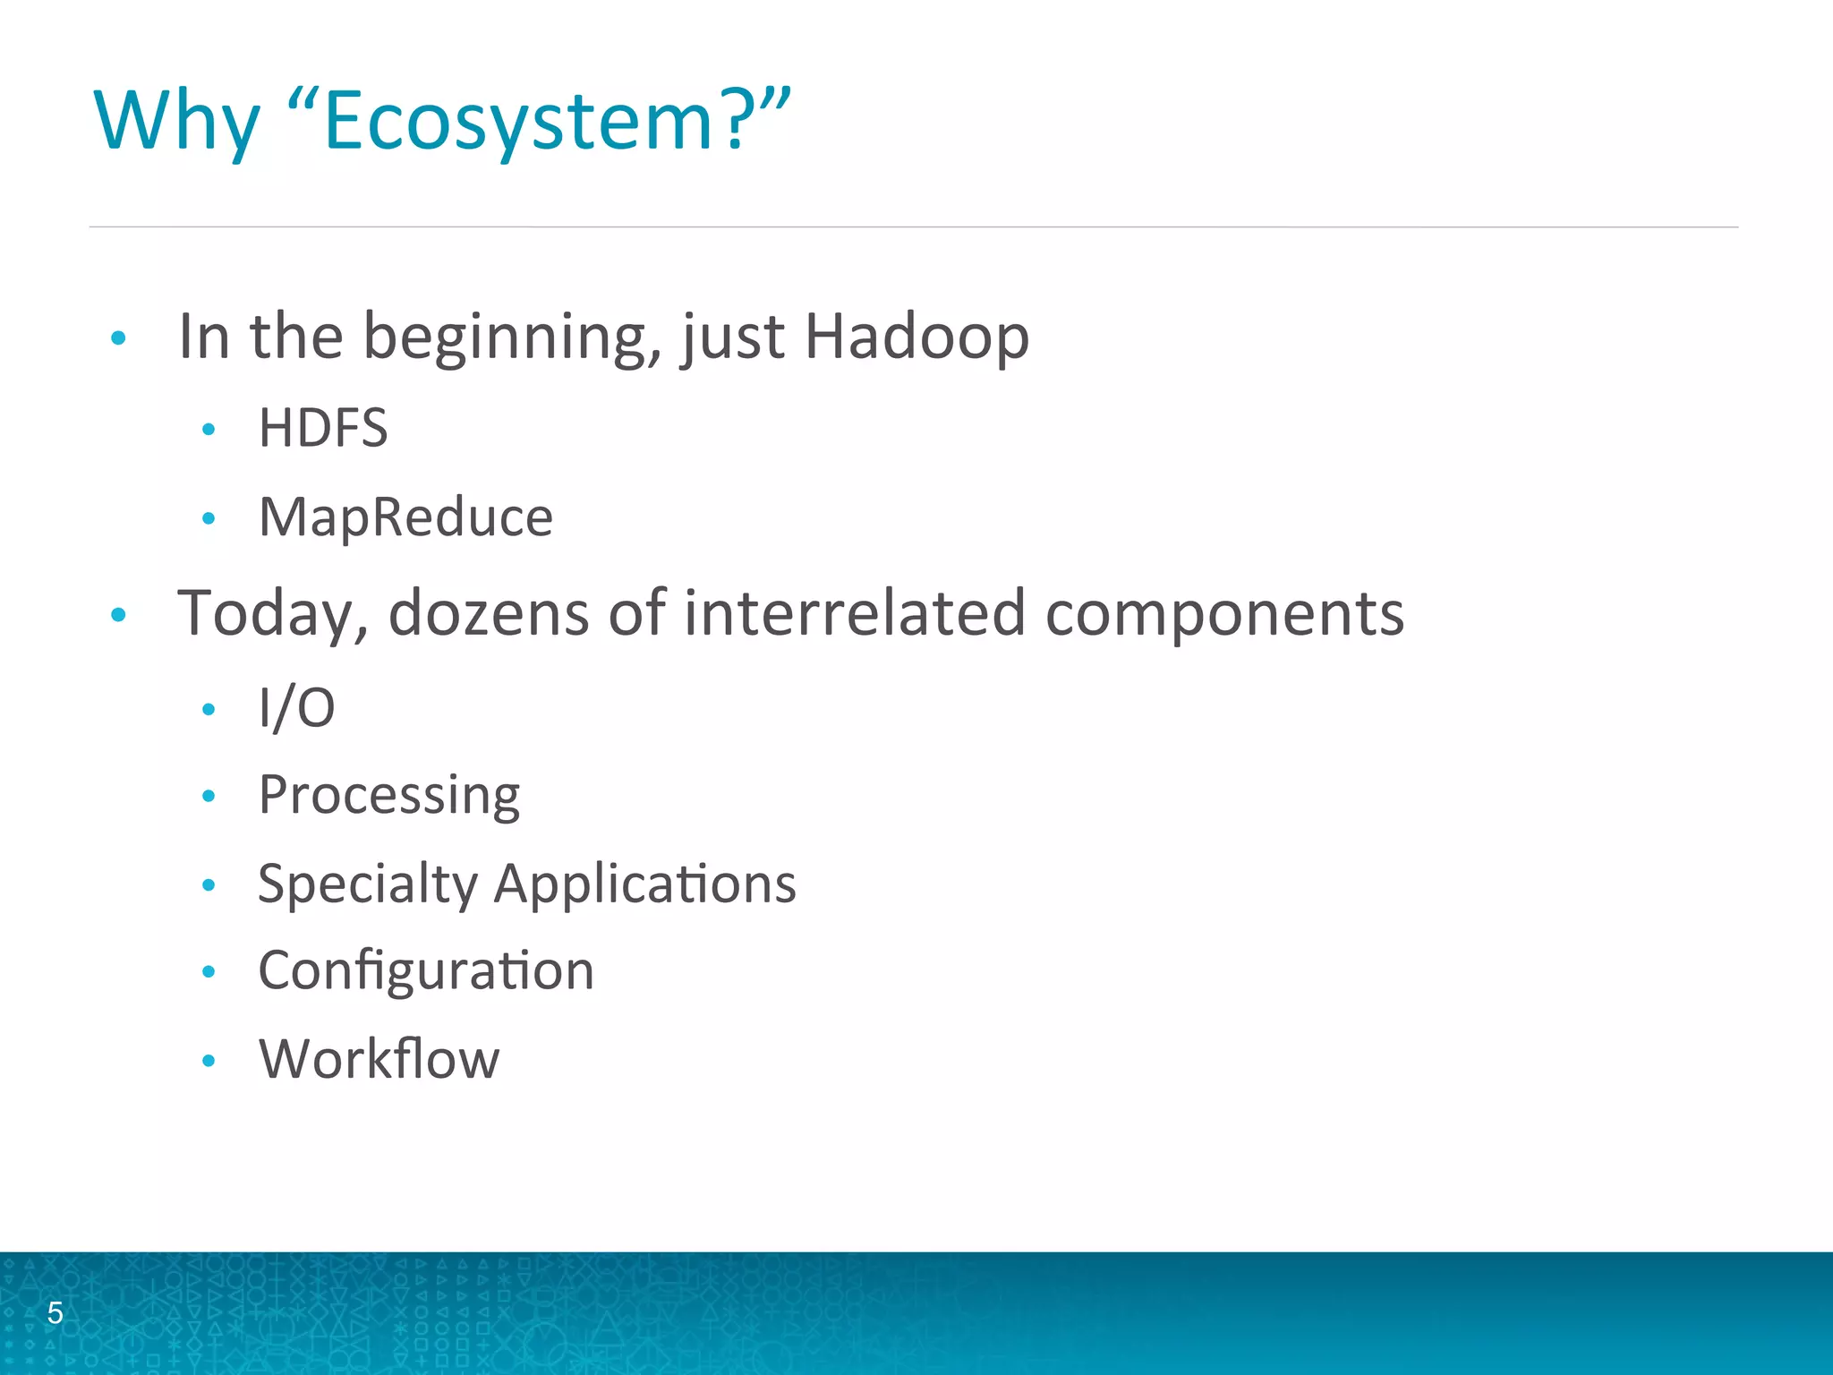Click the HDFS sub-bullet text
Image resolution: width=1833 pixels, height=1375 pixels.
coord(323,428)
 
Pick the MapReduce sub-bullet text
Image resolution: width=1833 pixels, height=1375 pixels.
coord(405,517)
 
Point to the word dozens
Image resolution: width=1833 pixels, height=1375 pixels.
coord(489,614)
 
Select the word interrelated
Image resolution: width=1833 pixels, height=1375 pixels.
coord(855,614)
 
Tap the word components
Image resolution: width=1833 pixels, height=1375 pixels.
coord(1224,614)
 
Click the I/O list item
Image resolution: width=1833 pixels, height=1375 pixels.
coord(296,708)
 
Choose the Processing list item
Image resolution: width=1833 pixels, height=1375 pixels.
coord(389,795)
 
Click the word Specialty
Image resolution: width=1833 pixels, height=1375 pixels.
coord(368,884)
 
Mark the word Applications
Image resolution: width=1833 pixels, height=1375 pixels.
coord(644,884)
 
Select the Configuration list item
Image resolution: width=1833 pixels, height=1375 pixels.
coord(426,971)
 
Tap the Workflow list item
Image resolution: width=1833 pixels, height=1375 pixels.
coord(379,1060)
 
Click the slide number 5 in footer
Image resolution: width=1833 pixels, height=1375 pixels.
coord(55,1313)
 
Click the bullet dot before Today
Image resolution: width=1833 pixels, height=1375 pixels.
coord(118,615)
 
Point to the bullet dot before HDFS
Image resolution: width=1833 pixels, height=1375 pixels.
coord(209,430)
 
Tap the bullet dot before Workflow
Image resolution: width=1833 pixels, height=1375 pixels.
coord(209,1062)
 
